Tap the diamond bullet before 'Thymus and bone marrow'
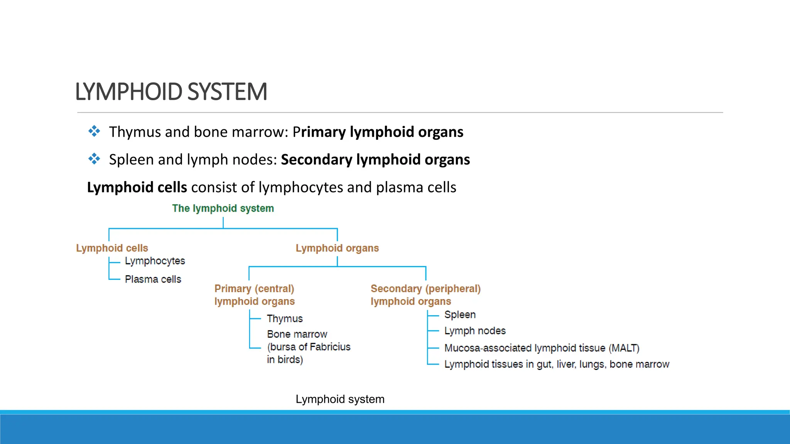click(94, 131)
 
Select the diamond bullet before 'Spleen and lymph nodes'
click(94, 159)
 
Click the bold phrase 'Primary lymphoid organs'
click(378, 132)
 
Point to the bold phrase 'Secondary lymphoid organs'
click(375, 160)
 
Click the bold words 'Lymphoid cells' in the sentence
click(137, 187)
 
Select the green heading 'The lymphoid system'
click(223, 209)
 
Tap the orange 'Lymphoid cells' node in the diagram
click(112, 248)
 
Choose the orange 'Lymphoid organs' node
click(337, 248)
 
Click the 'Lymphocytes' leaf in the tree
click(155, 261)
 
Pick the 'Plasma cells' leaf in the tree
click(153, 279)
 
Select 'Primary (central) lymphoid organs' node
click(255, 295)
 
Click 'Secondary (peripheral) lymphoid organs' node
click(425, 295)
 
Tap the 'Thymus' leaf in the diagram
click(285, 319)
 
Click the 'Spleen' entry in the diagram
click(460, 314)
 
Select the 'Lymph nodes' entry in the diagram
click(475, 331)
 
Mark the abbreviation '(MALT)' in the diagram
click(624, 348)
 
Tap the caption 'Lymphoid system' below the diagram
click(340, 399)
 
